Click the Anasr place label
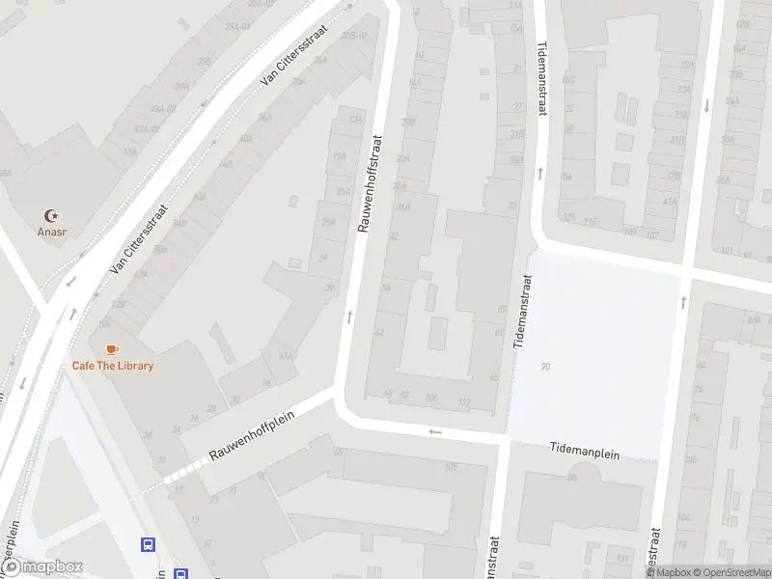coord(52,232)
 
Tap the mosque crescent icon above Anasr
coord(52,215)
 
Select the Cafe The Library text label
coord(113,366)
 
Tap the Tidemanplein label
coord(585,450)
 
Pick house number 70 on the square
coord(546,366)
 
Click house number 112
coord(464,402)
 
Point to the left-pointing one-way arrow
coord(436,431)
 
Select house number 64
coord(380,332)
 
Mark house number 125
coord(120,304)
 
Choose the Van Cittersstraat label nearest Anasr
coord(139,238)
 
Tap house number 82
coord(404,394)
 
